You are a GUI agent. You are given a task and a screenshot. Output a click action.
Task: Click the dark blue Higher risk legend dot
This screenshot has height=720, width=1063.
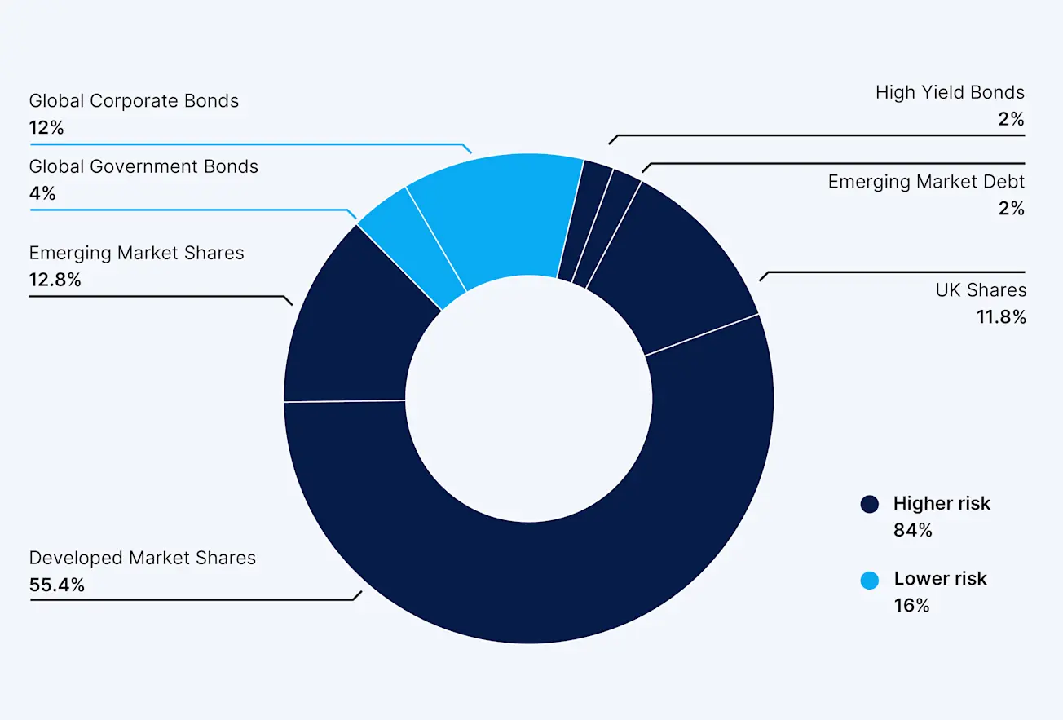(x=870, y=504)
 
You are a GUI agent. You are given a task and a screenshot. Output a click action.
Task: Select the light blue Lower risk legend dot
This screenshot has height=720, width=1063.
(x=870, y=580)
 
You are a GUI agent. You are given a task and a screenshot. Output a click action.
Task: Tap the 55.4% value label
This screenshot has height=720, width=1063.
(x=57, y=585)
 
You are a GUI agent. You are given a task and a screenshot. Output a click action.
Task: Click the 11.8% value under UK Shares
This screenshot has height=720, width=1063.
(x=1001, y=317)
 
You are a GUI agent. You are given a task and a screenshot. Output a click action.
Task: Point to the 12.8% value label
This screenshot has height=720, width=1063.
(x=55, y=280)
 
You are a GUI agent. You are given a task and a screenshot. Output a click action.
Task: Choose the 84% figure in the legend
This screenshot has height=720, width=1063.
(x=912, y=530)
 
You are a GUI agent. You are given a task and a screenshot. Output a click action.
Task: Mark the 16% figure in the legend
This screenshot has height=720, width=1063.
(x=911, y=605)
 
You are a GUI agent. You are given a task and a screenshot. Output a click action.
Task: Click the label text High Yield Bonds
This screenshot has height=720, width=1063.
(x=950, y=92)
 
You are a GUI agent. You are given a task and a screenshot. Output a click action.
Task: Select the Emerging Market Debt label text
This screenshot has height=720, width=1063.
(x=927, y=181)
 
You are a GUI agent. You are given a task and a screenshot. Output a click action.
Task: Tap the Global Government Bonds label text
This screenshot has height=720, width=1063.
(x=143, y=166)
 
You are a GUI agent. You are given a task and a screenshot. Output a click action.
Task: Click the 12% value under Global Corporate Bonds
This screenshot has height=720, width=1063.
(x=46, y=128)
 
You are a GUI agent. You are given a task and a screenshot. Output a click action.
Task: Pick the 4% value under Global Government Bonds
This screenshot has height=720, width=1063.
(x=42, y=193)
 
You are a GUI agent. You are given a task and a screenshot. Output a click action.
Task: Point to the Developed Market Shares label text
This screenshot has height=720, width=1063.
(x=143, y=558)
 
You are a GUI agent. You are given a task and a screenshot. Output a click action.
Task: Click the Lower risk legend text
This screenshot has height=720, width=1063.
(x=940, y=578)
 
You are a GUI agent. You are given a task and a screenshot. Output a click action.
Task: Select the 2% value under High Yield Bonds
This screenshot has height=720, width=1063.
(x=1011, y=119)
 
